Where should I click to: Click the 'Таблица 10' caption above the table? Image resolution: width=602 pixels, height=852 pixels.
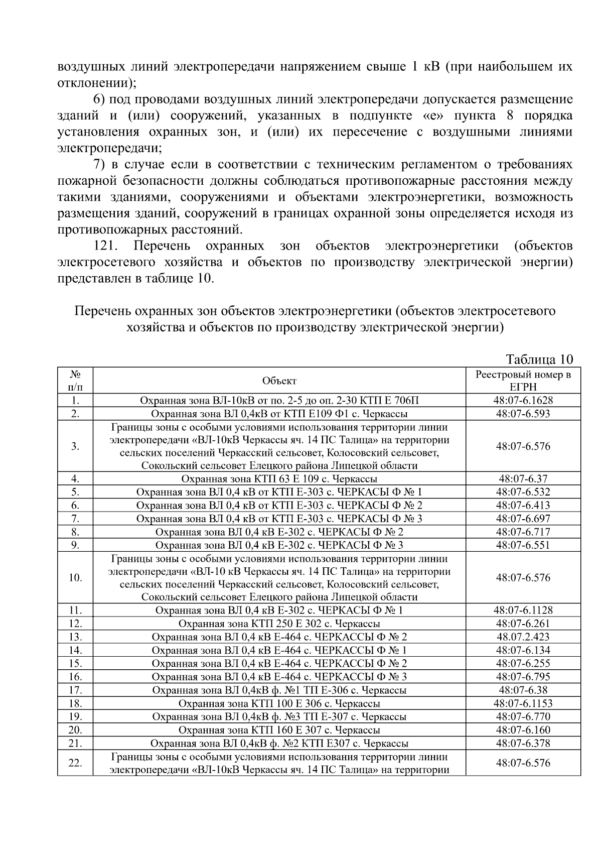click(539, 359)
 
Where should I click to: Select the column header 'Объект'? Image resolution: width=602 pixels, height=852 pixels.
click(279, 381)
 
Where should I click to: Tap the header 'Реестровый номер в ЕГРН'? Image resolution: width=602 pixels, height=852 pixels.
click(523, 381)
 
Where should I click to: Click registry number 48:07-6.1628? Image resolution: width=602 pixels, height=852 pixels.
click(523, 401)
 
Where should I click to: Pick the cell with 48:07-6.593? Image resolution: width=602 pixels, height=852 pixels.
click(523, 414)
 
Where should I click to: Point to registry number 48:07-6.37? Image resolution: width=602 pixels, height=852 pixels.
click(523, 478)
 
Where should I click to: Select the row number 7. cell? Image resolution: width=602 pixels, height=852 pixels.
click(75, 518)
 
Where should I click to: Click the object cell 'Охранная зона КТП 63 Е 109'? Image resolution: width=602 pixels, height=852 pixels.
click(279, 478)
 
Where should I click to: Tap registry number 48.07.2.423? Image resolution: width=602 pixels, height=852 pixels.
click(523, 637)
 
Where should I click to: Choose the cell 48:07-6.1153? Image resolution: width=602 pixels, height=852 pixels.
click(523, 703)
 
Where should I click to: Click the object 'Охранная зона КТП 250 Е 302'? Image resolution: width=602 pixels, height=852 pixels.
click(279, 624)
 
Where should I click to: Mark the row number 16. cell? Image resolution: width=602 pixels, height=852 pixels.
click(75, 676)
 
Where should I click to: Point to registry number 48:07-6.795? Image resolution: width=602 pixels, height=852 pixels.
click(523, 676)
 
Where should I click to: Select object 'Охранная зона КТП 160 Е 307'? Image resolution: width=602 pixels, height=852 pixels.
click(279, 729)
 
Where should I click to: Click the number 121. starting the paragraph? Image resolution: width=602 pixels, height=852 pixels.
click(106, 246)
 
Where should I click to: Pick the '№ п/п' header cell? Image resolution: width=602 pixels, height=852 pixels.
click(75, 381)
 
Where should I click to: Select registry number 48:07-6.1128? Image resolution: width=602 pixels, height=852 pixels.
click(523, 610)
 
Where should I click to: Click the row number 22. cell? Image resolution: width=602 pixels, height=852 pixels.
click(75, 763)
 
